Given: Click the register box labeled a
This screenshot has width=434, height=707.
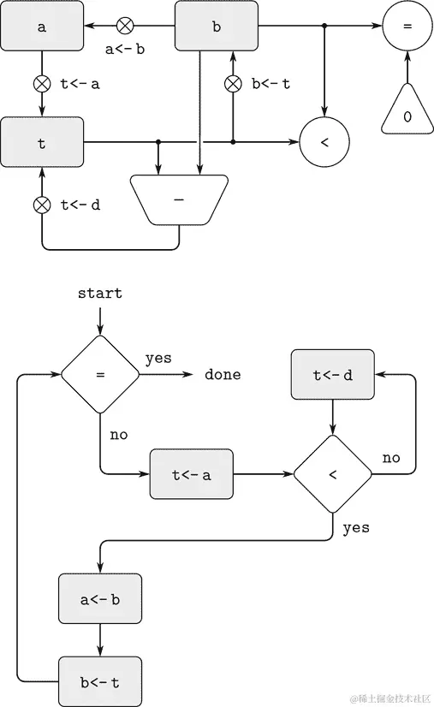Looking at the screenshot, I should tap(42, 26).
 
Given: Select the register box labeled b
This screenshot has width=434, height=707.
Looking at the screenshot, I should tap(216, 26).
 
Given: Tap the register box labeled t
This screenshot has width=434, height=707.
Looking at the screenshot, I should tap(42, 142).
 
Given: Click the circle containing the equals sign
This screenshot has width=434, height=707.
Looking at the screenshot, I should tap(407, 27).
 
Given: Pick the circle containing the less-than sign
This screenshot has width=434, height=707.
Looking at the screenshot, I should tap(324, 142).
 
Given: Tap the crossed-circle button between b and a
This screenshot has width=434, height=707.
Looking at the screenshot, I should tap(125, 27).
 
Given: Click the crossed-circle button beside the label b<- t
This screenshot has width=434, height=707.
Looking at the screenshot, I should tap(233, 84).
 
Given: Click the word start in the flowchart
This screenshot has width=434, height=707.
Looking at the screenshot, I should tap(100, 294).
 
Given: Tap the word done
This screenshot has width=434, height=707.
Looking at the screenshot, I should tap(223, 375).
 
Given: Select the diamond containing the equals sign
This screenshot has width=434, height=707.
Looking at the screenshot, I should tap(100, 375).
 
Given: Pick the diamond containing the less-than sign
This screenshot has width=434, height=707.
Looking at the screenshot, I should tap(333, 473).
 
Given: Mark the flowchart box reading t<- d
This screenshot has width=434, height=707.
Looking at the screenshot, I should tap(333, 374).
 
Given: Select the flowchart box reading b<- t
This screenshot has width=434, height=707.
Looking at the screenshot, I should tap(100, 681).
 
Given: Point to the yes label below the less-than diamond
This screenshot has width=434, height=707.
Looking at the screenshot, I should tap(356, 527).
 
